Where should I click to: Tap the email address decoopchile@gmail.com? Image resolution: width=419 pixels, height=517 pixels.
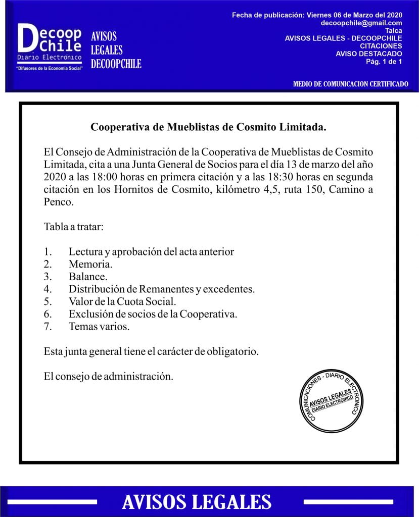[361, 23]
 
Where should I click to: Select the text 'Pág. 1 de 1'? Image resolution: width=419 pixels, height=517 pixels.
[384, 61]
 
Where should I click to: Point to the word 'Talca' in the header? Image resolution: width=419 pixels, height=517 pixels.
[393, 30]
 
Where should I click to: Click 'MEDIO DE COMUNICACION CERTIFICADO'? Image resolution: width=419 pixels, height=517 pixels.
[350, 84]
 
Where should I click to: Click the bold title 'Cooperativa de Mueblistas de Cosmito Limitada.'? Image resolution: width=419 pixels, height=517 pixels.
[208, 127]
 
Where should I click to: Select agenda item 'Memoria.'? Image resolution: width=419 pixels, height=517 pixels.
[90, 264]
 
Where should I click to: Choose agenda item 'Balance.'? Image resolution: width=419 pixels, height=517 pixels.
[88, 277]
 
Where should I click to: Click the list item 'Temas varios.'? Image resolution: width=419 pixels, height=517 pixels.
[99, 327]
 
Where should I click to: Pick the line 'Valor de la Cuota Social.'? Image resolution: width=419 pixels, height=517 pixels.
[122, 302]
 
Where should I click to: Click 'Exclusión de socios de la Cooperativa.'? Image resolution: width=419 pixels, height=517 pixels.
[153, 314]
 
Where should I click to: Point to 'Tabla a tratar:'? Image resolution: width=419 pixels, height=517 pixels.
[74, 227]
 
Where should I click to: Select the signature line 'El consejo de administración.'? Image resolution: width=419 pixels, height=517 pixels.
[108, 376]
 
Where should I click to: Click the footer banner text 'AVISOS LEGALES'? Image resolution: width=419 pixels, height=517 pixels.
[197, 502]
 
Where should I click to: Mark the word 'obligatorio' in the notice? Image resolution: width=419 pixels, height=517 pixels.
[232, 351]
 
